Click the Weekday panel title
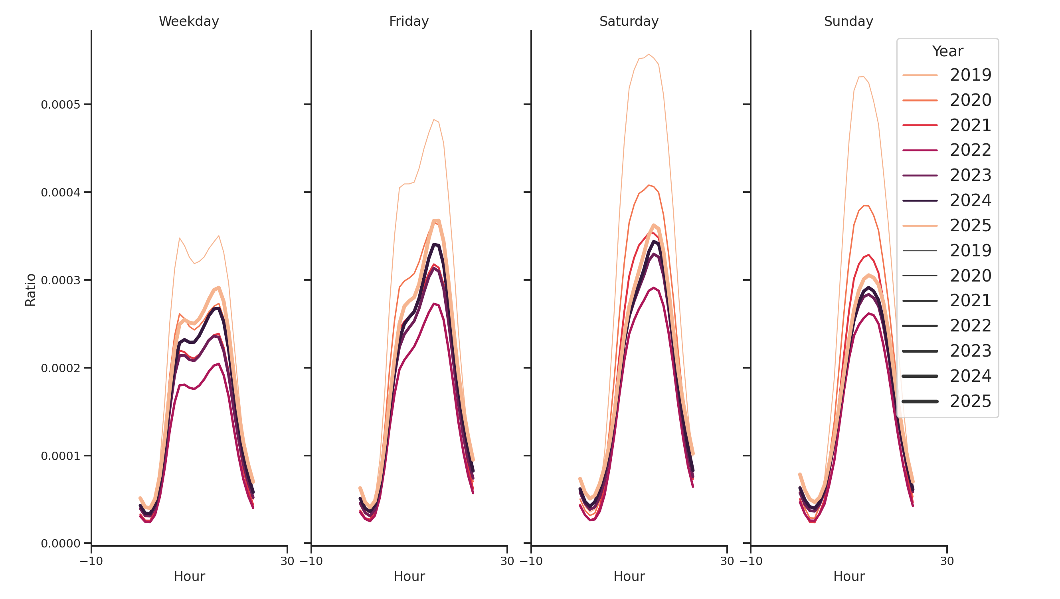coord(188,22)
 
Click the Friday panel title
coord(409,22)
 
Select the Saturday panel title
coord(628,22)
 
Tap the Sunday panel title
coord(848,22)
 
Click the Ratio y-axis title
coord(30,290)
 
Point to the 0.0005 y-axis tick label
coord(61,105)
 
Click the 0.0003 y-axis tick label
coord(61,280)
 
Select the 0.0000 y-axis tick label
coord(61,544)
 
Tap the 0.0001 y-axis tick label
coord(61,456)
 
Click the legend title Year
coord(947,52)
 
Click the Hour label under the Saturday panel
coord(628,576)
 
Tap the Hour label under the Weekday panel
coord(189,576)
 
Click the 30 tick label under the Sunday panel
coord(946,561)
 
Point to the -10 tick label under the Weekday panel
coord(91,561)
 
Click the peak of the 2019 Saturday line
coord(649,54)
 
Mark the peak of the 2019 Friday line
coord(434,120)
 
